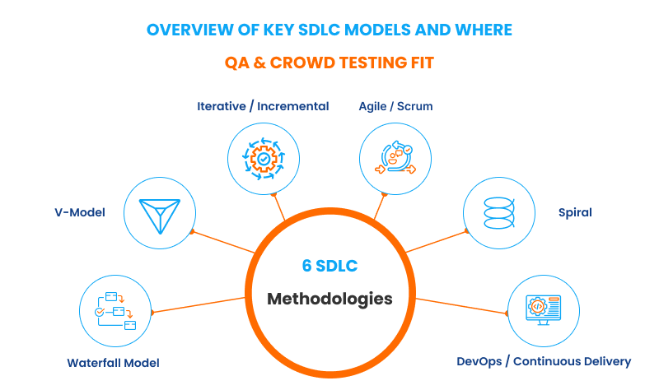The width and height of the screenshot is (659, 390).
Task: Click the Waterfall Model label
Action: (x=113, y=363)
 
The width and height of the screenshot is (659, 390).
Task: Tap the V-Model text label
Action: (x=76, y=212)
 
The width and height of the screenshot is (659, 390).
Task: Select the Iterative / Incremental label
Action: (x=263, y=106)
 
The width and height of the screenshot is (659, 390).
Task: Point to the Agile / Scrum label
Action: (x=395, y=106)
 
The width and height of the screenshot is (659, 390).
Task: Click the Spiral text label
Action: (x=575, y=212)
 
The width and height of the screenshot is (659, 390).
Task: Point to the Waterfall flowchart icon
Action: (x=114, y=310)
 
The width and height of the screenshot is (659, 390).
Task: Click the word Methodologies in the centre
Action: (x=329, y=298)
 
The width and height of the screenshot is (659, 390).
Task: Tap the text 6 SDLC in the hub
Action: (x=329, y=266)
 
